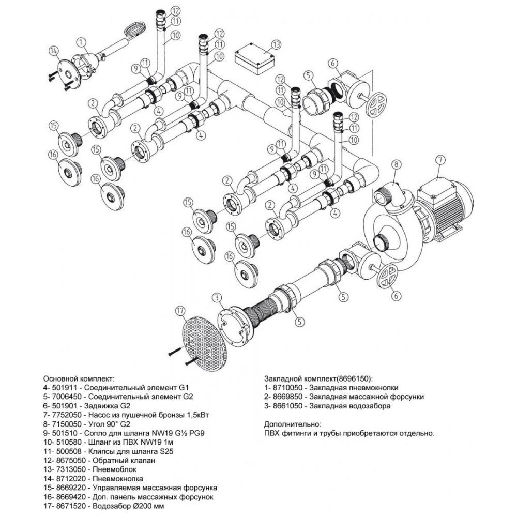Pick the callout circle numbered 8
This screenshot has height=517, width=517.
pyautogui.click(x=397, y=165)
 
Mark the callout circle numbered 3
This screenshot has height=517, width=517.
pyautogui.click(x=217, y=297)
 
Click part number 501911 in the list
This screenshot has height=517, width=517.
pyautogui.click(x=69, y=387)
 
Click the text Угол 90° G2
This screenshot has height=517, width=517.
pyautogui.click(x=109, y=423)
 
